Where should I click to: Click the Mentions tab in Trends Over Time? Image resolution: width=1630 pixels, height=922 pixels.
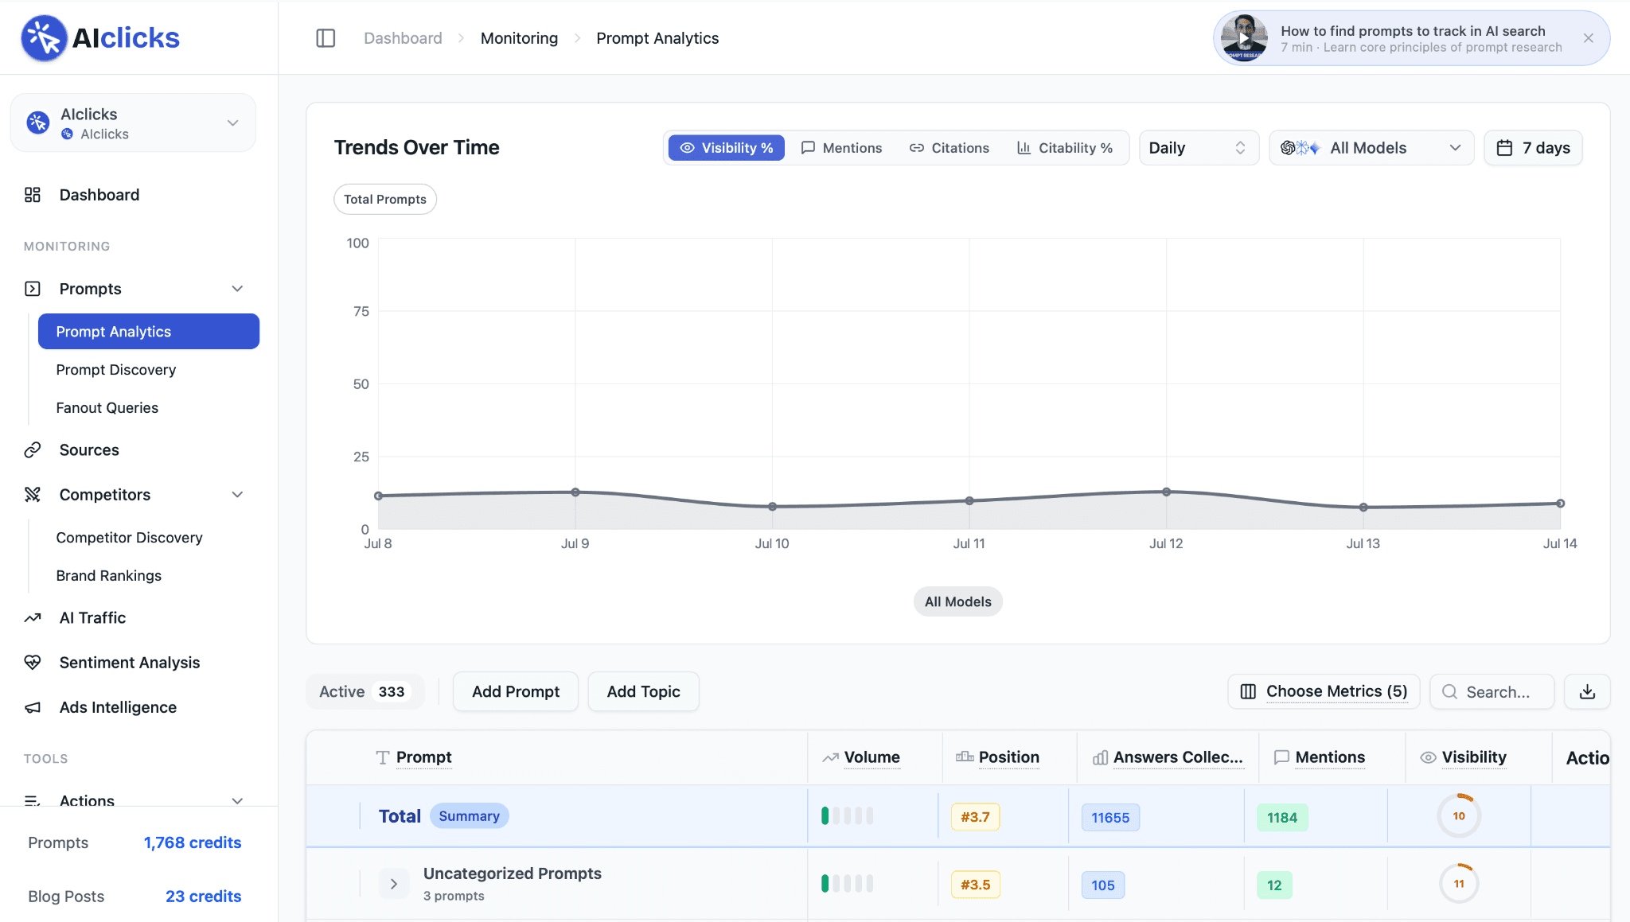coord(841,148)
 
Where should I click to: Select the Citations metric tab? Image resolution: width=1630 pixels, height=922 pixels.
coord(950,148)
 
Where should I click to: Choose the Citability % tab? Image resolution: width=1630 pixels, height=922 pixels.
coord(1065,148)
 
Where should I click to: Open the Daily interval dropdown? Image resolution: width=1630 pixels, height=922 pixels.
coord(1199,148)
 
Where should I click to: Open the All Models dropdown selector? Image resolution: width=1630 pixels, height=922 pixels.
coord(1371,148)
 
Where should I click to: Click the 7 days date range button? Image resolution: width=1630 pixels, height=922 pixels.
coord(1533,148)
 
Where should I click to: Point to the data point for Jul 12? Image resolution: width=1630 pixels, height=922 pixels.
coord(1166,492)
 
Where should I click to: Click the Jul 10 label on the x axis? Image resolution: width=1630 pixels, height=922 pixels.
coord(772,543)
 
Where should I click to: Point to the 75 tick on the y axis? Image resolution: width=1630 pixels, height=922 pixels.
coord(361,311)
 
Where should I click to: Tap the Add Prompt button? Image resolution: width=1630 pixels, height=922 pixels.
coord(516,692)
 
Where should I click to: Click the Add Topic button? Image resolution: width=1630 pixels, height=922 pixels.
coord(644,692)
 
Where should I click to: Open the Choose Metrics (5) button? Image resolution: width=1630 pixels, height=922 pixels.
coord(1324,692)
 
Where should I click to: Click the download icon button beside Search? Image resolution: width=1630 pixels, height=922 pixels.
coord(1587,692)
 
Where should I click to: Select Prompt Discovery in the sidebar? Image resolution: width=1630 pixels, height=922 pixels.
coord(116,370)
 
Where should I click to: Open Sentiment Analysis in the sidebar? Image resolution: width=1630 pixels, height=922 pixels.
coord(130,663)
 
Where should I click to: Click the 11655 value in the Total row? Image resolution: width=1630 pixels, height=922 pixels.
coord(1110,818)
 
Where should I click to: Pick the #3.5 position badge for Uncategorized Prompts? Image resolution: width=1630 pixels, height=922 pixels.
coord(976,885)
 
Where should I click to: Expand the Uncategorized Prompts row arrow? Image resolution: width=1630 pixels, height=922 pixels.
coord(394,884)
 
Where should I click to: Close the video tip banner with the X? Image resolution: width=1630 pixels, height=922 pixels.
coord(1589,38)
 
